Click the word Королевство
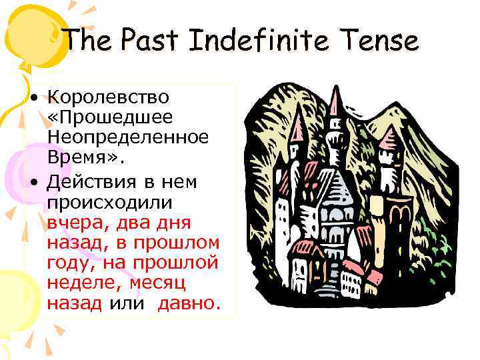pos(108,97)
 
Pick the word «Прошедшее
pos(110,117)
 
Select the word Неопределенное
pos(127,139)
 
